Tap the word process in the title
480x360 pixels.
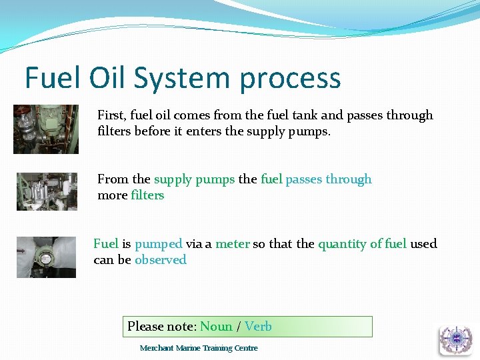290,79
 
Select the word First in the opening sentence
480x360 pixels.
111,115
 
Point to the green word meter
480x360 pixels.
232,244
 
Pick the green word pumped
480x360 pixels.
158,245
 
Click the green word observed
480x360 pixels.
160,260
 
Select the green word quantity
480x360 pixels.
343,245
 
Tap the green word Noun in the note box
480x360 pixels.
216,326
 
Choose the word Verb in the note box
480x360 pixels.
258,326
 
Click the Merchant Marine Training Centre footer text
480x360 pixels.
199,348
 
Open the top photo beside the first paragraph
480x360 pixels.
46,129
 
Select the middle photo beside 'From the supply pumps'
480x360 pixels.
47,191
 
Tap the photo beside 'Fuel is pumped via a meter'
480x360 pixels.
46,257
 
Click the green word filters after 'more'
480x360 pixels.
147,195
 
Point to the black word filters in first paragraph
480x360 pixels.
114,131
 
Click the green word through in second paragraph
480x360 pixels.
349,179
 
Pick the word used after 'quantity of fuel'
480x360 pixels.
423,244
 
